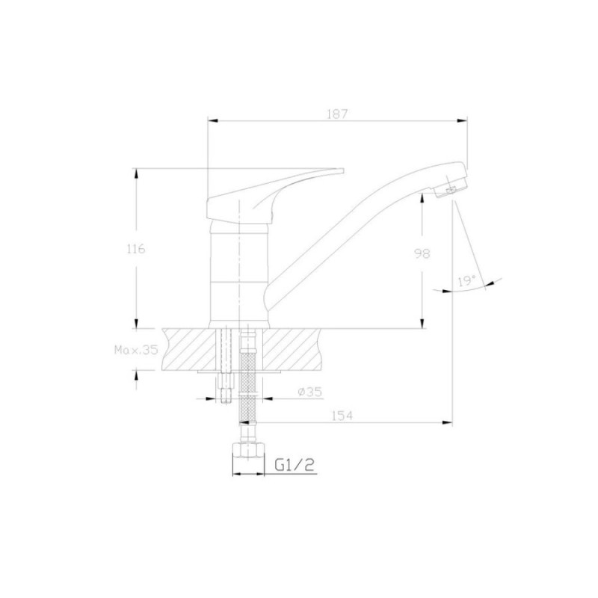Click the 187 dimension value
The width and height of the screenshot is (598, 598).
pyautogui.click(x=337, y=114)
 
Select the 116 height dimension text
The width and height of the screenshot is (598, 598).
pyautogui.click(x=135, y=249)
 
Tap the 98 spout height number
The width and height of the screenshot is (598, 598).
pyautogui.click(x=422, y=253)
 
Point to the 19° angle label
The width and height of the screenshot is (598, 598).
pyautogui.click(x=466, y=282)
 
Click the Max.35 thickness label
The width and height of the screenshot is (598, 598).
pyautogui.click(x=136, y=350)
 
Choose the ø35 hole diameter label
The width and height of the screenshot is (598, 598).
pyautogui.click(x=309, y=391)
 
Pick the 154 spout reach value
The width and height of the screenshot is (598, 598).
pyautogui.click(x=342, y=416)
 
